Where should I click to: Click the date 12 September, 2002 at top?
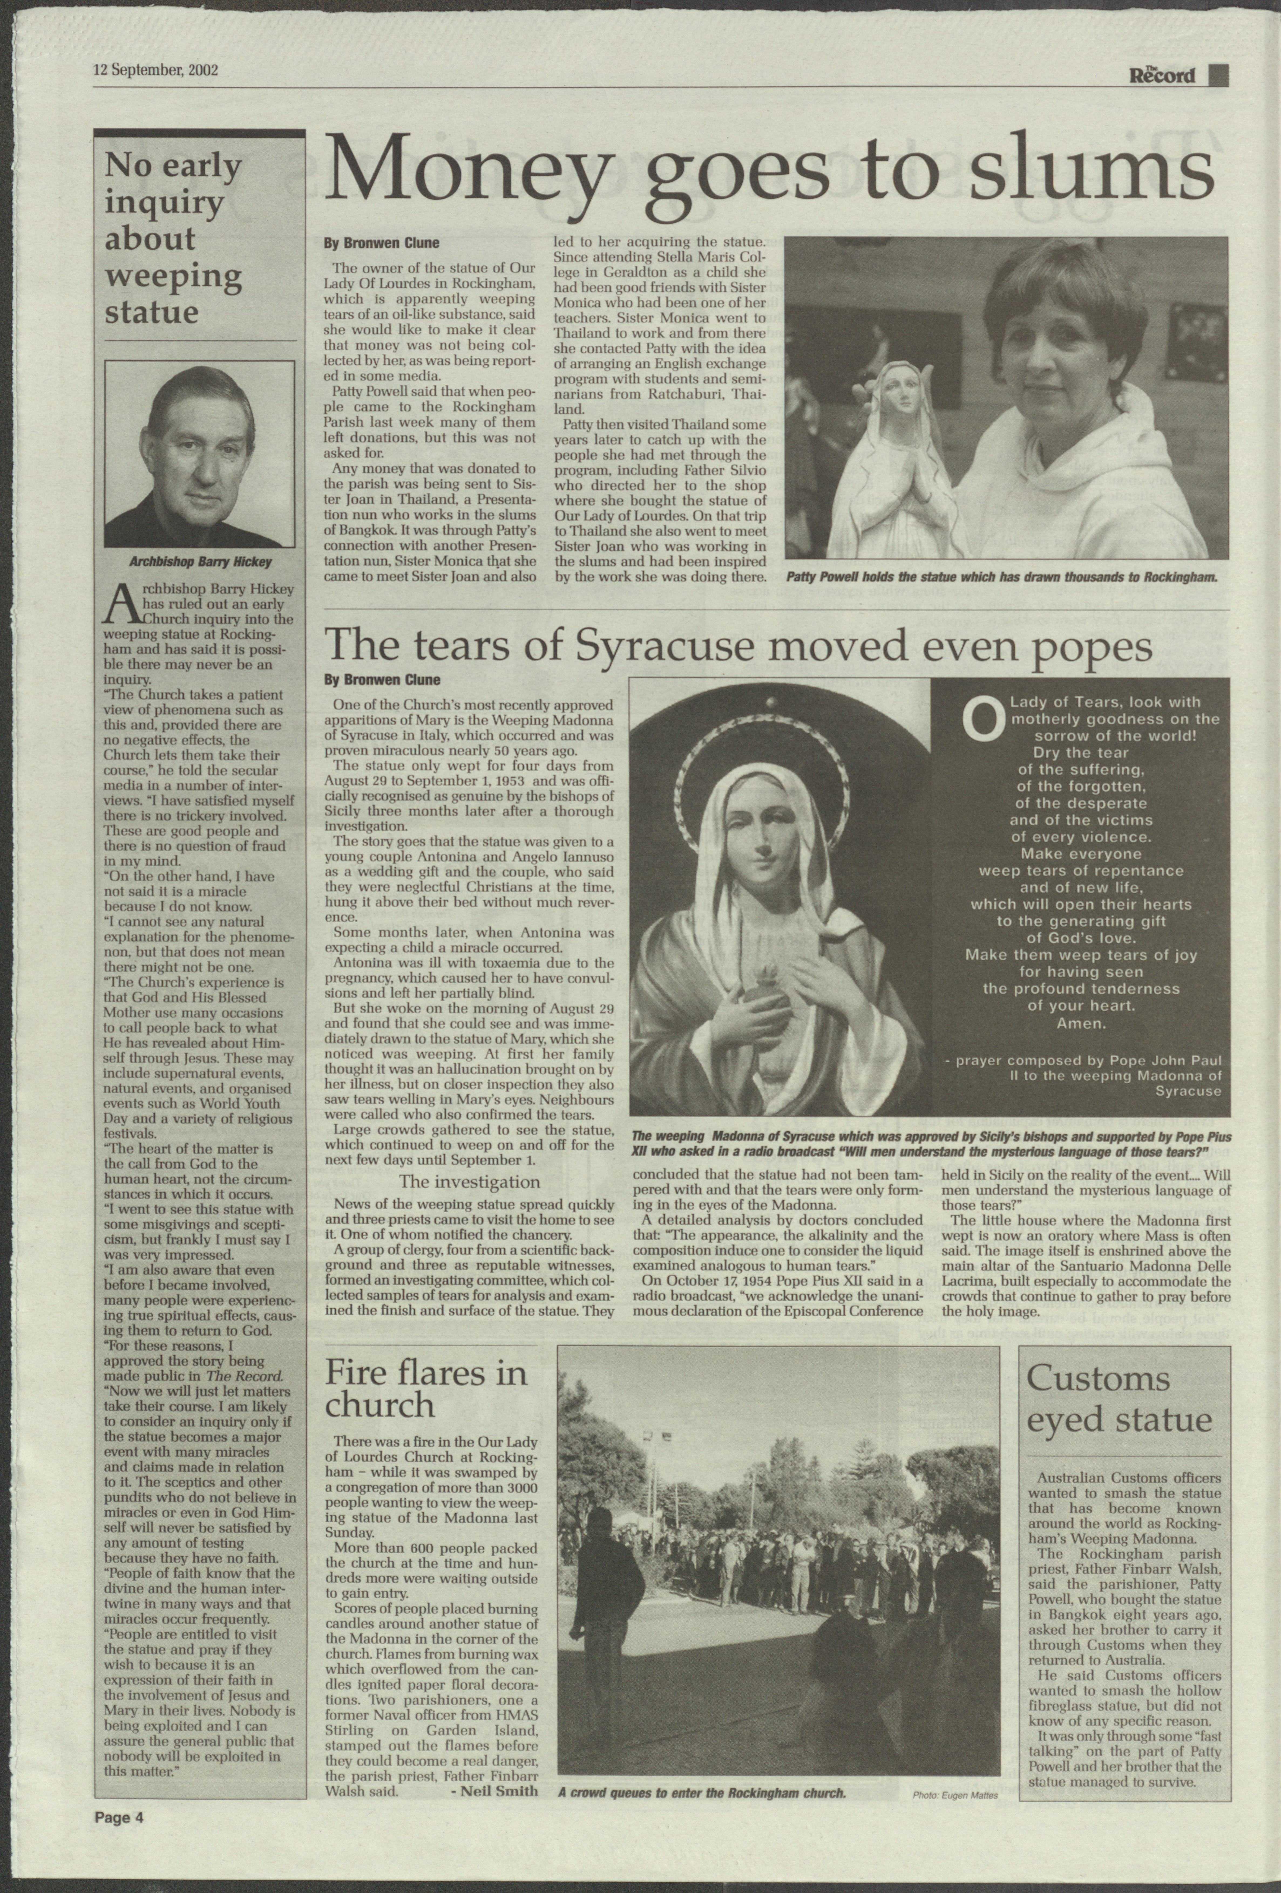pyautogui.click(x=155, y=69)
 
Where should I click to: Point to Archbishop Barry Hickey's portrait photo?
pyautogui.click(x=200, y=454)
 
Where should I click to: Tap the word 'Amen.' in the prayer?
pyautogui.click(x=1080, y=1023)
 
